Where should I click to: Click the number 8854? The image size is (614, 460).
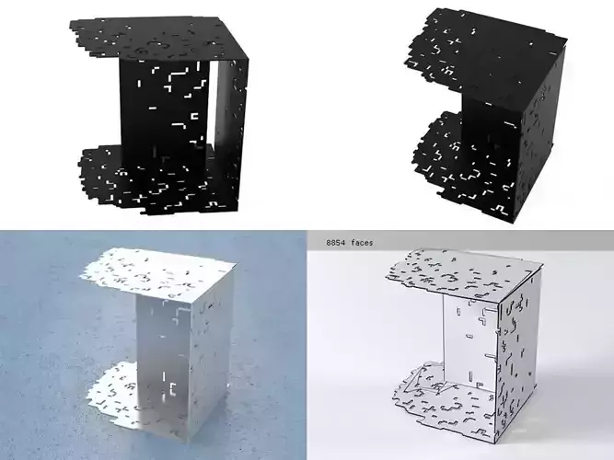336,243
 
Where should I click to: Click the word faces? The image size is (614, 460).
362,243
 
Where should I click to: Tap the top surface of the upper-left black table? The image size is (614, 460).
156,39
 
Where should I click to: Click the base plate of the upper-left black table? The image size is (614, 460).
156,180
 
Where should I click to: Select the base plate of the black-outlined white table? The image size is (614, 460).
443,408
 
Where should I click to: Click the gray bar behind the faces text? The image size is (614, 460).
460,240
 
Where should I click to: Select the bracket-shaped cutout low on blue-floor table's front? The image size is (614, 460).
172,388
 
